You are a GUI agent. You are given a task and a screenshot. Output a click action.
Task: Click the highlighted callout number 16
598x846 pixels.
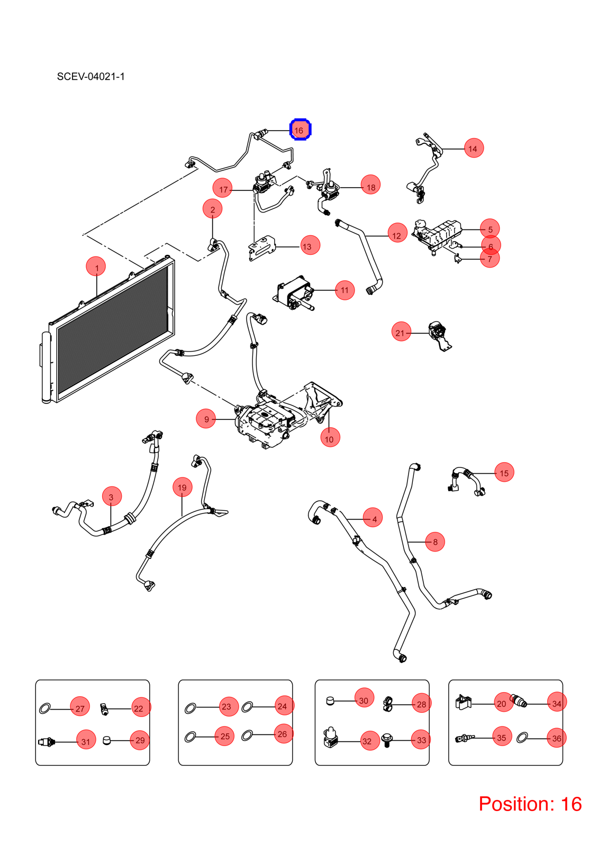click(x=300, y=130)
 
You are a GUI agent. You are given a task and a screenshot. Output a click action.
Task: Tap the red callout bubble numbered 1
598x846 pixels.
click(x=96, y=266)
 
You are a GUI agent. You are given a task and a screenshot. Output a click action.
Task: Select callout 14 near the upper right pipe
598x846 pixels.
click(x=474, y=148)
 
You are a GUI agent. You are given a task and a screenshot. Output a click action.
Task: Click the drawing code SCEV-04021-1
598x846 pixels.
click(x=90, y=77)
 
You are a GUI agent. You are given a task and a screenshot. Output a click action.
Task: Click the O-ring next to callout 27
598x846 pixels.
click(x=44, y=709)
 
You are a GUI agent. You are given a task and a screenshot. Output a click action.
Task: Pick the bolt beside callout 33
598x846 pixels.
click(x=386, y=740)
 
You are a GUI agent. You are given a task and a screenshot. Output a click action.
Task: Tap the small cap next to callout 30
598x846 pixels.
click(x=330, y=701)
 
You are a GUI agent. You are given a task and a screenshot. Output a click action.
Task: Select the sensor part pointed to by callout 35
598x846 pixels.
click(x=465, y=738)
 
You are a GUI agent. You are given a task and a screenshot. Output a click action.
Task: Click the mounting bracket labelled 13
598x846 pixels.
click(x=261, y=248)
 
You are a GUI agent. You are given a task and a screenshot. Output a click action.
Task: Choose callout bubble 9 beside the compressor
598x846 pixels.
click(x=206, y=419)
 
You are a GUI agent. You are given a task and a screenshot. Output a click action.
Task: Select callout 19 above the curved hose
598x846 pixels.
click(x=182, y=487)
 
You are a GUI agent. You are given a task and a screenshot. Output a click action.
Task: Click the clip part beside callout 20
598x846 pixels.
click(x=464, y=702)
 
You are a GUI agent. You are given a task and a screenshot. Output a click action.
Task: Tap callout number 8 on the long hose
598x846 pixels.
click(x=435, y=541)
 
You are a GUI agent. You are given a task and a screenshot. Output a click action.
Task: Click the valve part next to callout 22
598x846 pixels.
click(x=104, y=709)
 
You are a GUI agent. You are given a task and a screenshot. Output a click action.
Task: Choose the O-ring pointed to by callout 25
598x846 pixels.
click(x=190, y=737)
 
